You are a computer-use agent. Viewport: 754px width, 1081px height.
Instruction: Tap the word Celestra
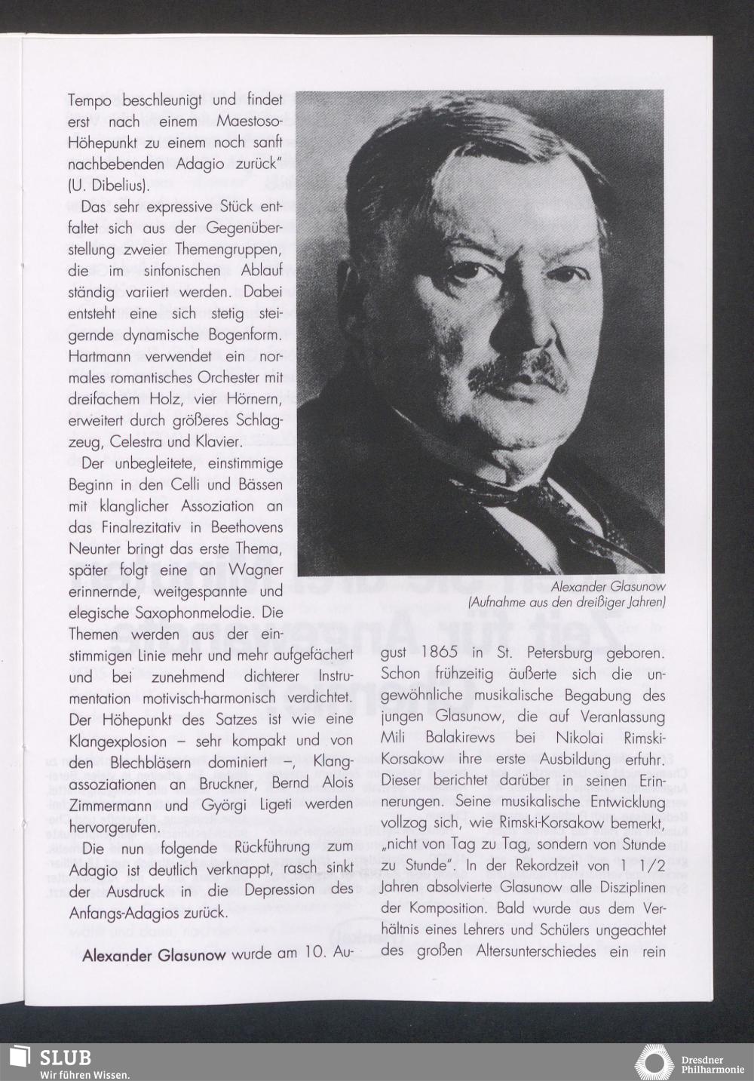pyautogui.click(x=160, y=440)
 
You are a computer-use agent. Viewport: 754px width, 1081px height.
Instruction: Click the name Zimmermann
pyautogui.click(x=113, y=804)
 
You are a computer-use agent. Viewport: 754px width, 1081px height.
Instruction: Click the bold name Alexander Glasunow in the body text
pyautogui.click(x=153, y=955)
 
